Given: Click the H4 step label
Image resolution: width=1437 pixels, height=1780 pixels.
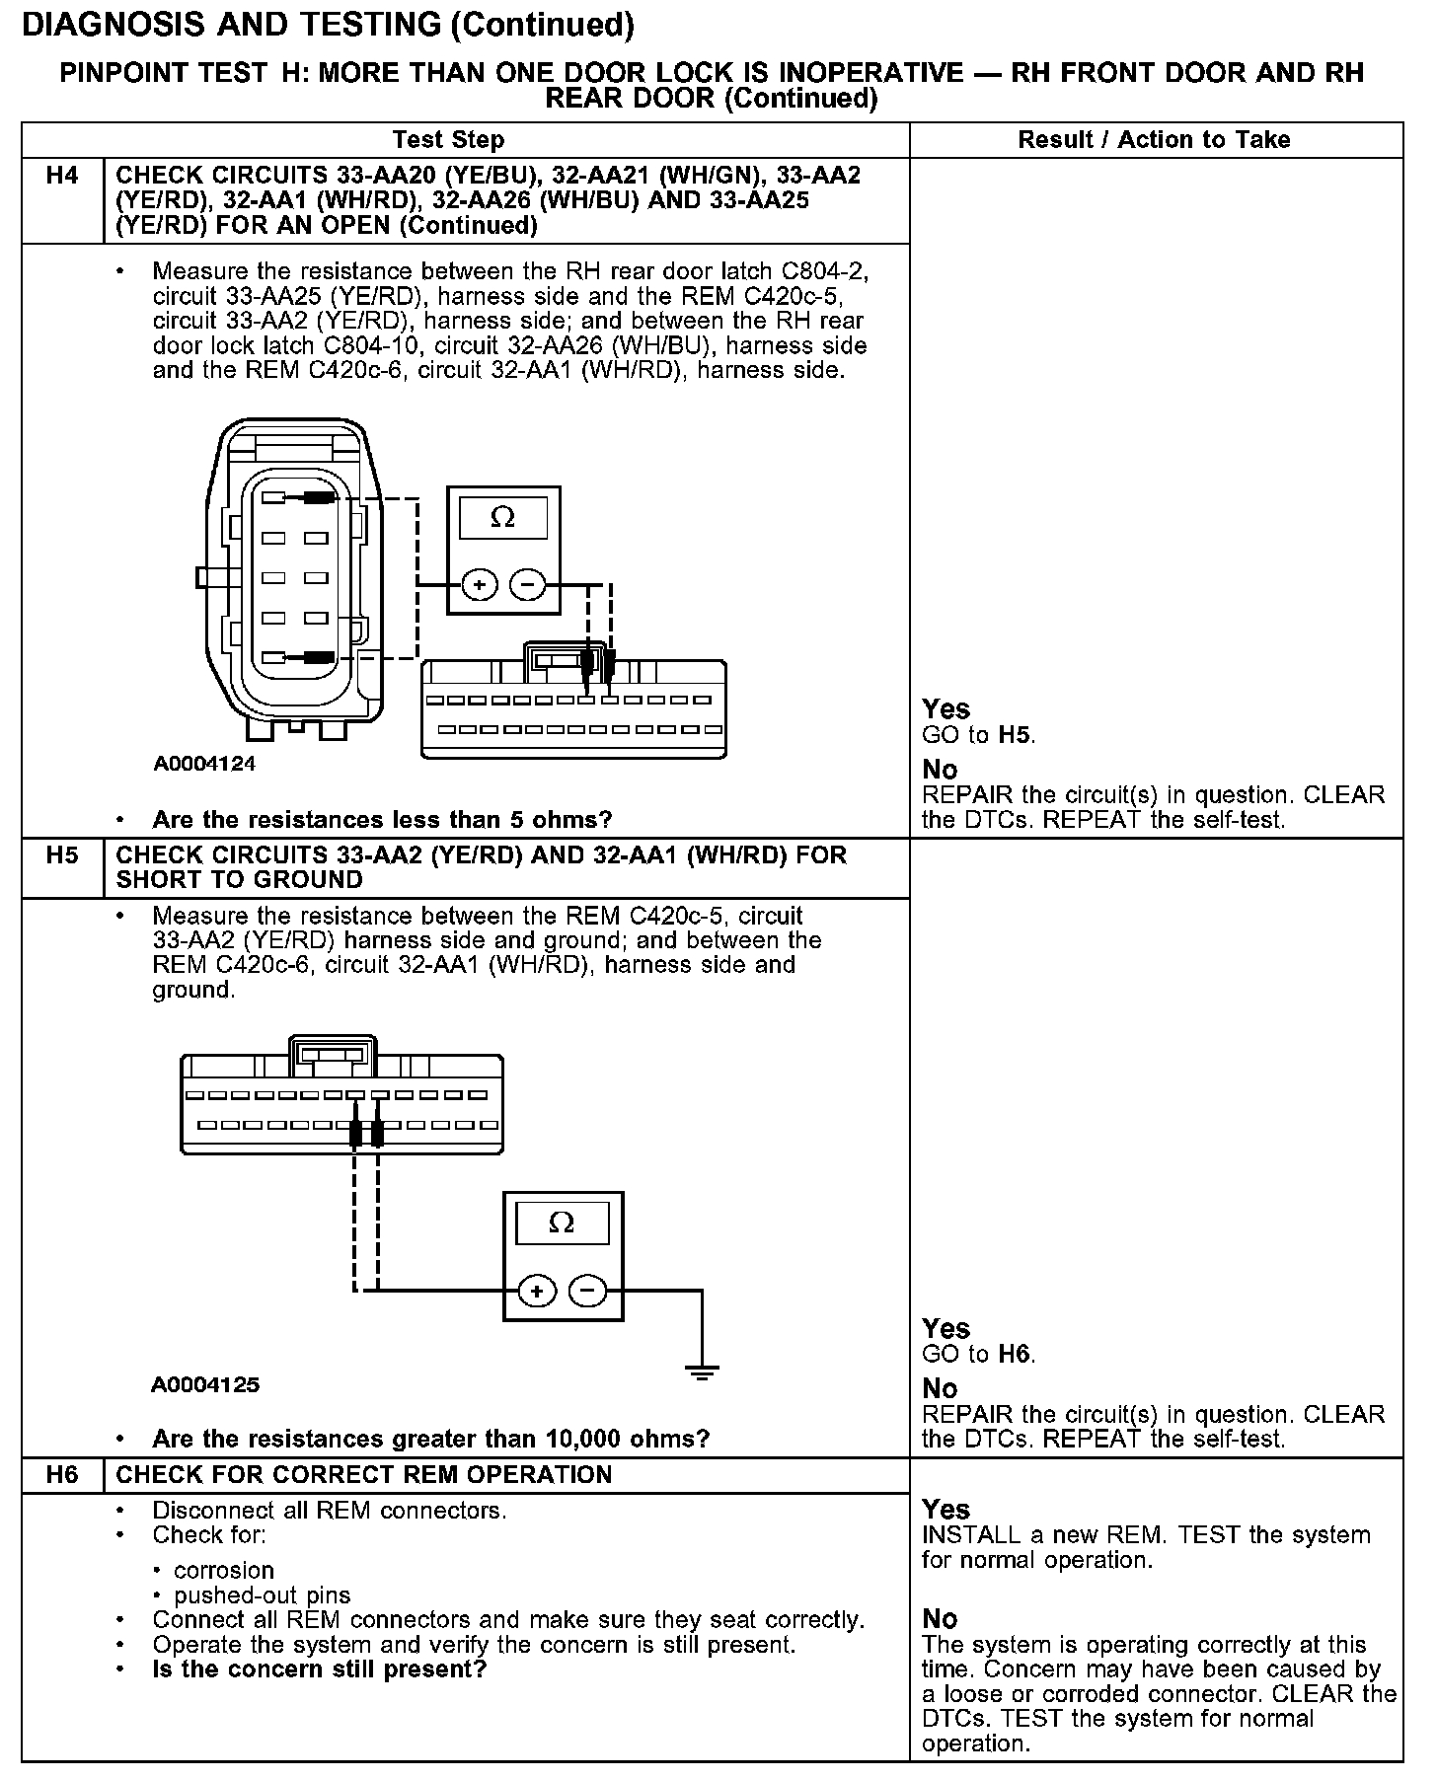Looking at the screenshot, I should [x=61, y=177].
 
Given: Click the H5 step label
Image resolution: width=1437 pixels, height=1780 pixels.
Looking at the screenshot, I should [x=61, y=854].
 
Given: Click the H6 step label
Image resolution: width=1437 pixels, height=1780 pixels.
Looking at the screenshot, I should [x=61, y=1474].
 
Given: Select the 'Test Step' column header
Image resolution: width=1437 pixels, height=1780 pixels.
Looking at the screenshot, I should [x=448, y=140].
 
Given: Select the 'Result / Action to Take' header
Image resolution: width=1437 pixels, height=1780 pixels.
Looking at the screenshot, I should [x=1154, y=140].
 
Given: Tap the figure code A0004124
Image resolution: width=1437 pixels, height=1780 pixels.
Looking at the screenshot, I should [x=204, y=764].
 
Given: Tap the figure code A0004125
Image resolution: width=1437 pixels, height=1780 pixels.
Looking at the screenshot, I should [x=205, y=1384].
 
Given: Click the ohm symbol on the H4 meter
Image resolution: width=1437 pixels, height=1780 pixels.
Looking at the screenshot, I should [x=502, y=518].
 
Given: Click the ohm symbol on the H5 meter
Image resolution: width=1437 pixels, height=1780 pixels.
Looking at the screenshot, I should [x=561, y=1224].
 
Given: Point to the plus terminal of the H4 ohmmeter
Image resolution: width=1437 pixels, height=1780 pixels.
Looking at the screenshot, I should [x=480, y=585].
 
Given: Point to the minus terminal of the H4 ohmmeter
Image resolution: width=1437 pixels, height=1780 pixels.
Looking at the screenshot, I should [x=527, y=585].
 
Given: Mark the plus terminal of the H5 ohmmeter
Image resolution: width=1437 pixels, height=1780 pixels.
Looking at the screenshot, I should [x=537, y=1291].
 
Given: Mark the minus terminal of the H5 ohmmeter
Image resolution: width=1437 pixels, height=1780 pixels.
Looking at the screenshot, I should [x=588, y=1291].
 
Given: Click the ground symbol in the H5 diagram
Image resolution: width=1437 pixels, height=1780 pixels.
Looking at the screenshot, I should [x=702, y=1371].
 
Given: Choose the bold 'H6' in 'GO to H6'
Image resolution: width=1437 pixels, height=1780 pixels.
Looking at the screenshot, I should [x=1016, y=1354].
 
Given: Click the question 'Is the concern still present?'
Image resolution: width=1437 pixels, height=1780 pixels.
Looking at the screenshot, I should [x=320, y=1669].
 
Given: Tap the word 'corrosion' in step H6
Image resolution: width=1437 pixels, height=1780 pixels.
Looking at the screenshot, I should [x=224, y=1570].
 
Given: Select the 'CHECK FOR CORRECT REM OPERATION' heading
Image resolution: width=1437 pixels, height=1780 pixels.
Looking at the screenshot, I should [x=363, y=1474].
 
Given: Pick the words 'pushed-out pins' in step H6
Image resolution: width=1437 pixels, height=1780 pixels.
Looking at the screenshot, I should [x=262, y=1595].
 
